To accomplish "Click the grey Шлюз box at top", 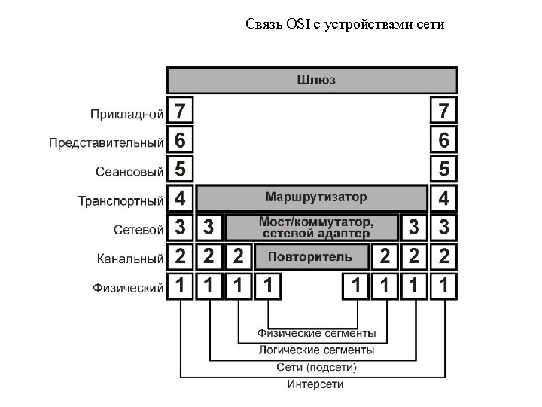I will [312, 80].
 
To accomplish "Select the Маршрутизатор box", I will [312, 198].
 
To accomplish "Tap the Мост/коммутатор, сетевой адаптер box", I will [315, 227].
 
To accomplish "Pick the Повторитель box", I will [312, 256].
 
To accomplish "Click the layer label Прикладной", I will [127, 115].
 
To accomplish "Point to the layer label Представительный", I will [106, 142].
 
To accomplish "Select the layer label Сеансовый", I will [129, 172].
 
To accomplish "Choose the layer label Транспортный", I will [121, 201].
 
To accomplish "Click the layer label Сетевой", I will [139, 229].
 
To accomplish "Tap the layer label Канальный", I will [130, 259].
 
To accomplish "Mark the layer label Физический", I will [128, 287].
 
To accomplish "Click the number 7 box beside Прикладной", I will [180, 112].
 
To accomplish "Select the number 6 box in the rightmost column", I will [443, 140].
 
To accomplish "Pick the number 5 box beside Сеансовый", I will [180, 169].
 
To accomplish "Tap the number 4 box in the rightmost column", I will [443, 198].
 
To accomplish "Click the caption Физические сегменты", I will [317, 332].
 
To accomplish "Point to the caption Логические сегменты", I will [316, 350].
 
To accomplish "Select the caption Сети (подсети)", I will [316, 367].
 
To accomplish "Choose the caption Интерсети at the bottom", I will [315, 384].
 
